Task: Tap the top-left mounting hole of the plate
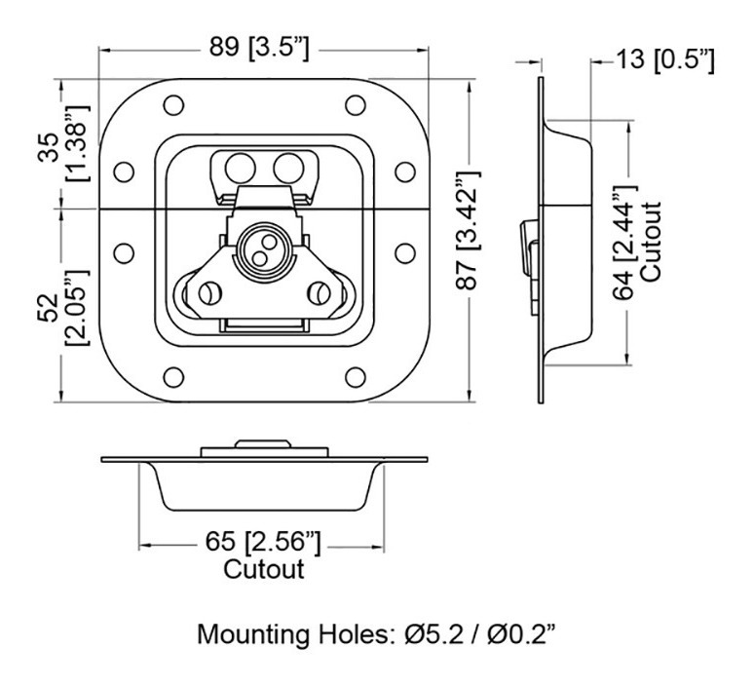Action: [172, 103]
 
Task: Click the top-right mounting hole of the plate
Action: [356, 103]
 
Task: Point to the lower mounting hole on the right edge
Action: [403, 252]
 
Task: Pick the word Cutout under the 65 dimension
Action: [263, 568]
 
